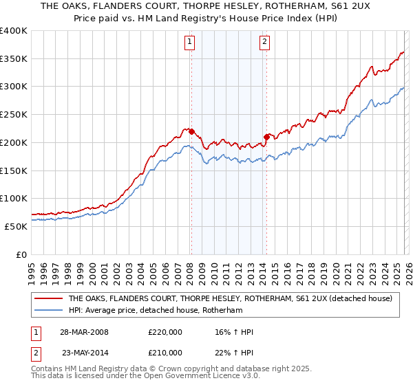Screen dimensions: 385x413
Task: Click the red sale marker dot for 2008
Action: click(x=192, y=131)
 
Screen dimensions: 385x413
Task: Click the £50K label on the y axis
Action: click(x=16, y=226)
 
